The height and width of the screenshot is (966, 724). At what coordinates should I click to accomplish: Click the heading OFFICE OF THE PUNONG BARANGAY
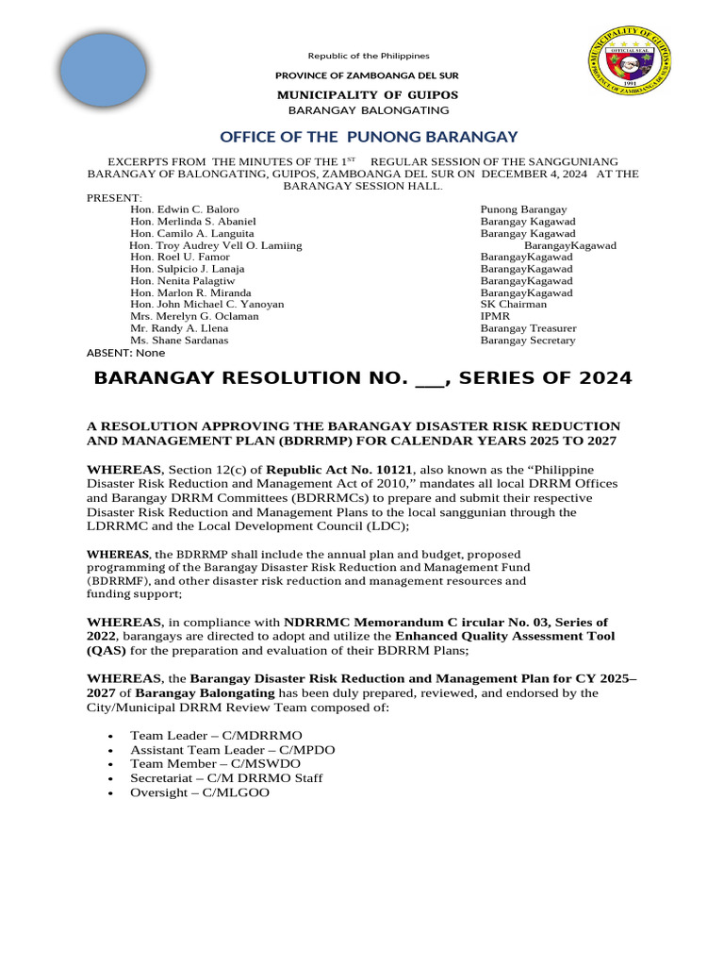point(369,137)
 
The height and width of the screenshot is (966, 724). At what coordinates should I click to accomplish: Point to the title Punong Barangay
point(523,209)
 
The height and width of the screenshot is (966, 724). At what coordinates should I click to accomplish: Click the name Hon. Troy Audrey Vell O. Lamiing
point(215,245)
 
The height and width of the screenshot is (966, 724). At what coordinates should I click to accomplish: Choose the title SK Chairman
point(513,305)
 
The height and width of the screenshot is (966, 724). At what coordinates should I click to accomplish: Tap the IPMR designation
point(495,317)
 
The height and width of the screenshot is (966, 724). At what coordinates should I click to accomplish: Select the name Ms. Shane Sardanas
point(179,341)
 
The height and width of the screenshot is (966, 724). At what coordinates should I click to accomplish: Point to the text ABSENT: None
point(125,353)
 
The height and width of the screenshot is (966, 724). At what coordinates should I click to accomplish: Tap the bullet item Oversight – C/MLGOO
point(200,794)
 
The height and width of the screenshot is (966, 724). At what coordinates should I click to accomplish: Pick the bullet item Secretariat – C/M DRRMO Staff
point(226,779)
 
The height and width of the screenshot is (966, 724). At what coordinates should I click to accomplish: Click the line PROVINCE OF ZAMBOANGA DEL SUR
point(367,75)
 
